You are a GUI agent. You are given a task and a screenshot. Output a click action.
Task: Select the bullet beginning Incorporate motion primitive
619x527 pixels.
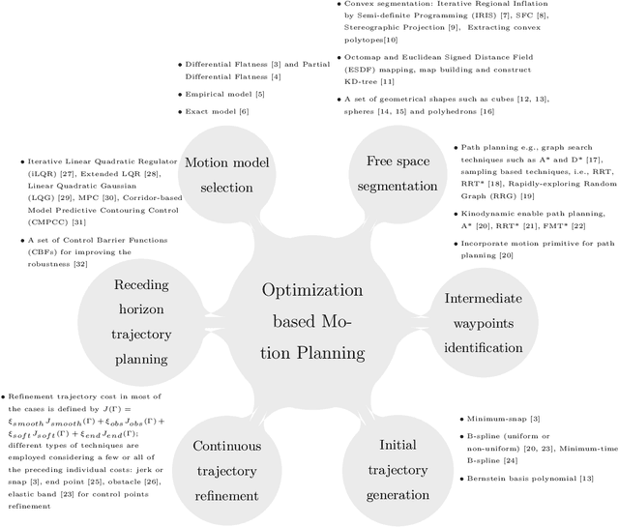point(517,249)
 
